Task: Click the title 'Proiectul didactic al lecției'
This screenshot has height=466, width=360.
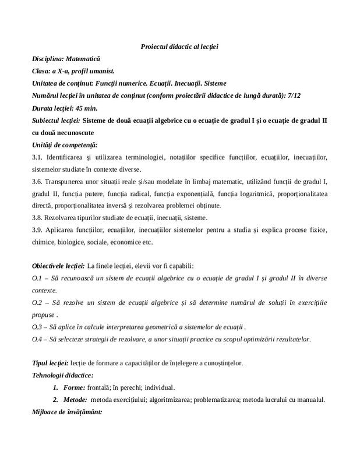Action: [x=179, y=46]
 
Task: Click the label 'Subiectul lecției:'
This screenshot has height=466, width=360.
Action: [x=56, y=120]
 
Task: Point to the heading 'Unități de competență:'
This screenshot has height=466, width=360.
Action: [x=65, y=144]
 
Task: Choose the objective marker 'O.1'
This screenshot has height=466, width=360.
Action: [x=38, y=278]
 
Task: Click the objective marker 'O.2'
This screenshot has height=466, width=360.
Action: [x=38, y=303]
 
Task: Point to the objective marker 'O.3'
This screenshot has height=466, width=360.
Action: [x=38, y=327]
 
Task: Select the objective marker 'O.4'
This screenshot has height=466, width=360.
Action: [x=38, y=340]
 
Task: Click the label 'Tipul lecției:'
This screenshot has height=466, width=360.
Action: [x=50, y=363]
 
